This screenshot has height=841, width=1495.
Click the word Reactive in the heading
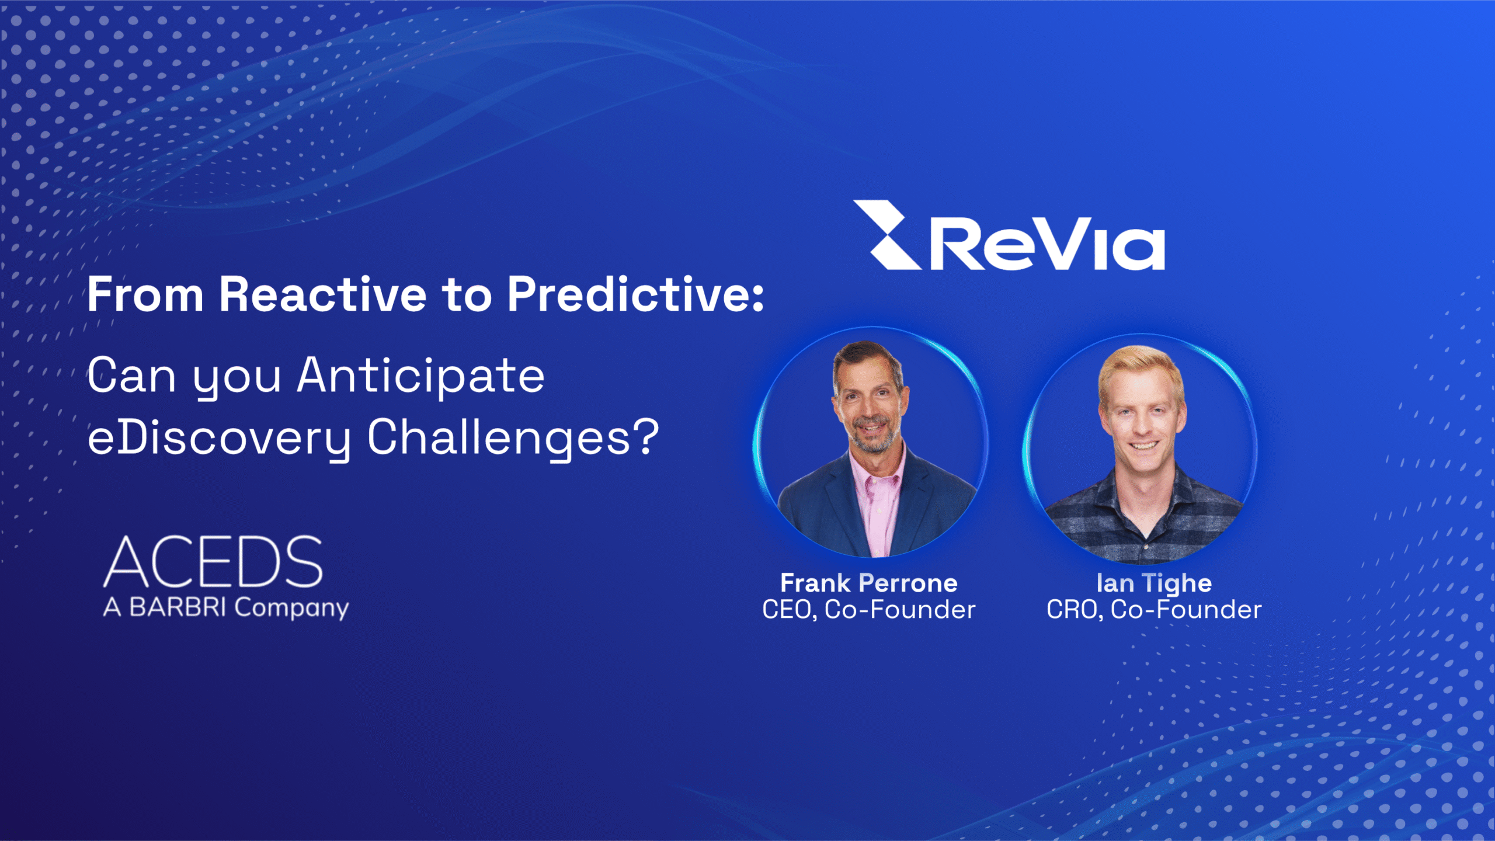click(x=322, y=295)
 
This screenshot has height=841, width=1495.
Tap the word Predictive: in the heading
click(x=635, y=295)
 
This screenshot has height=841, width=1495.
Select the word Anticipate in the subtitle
click(x=420, y=376)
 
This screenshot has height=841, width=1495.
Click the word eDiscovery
click(x=219, y=438)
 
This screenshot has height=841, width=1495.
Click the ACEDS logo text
click(x=213, y=562)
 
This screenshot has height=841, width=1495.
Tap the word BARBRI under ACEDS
click(x=178, y=607)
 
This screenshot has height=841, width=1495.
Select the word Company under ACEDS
click(x=291, y=609)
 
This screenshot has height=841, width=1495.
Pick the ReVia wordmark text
click(x=1046, y=244)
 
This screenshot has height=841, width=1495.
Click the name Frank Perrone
click(x=868, y=583)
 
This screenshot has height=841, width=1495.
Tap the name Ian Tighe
click(x=1154, y=583)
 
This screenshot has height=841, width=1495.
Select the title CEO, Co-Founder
click(x=868, y=610)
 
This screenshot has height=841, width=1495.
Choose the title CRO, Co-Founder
click(x=1154, y=610)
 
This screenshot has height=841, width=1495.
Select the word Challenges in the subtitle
click(x=499, y=438)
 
